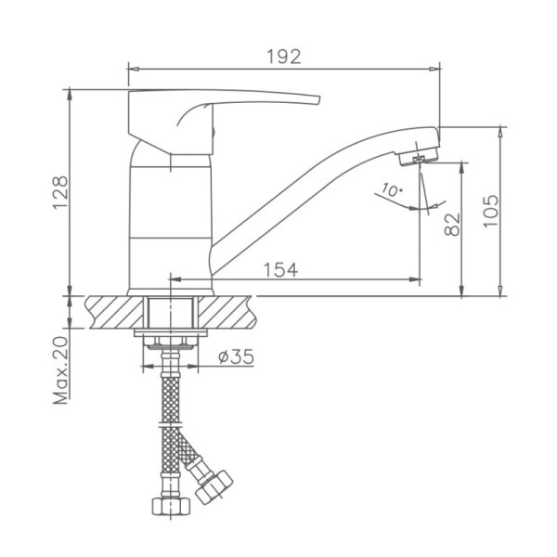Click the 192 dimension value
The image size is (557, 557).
284,57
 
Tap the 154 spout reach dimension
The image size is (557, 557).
280,269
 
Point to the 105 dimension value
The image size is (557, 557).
490,211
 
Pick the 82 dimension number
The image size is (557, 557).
452,225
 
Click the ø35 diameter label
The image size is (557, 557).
236,356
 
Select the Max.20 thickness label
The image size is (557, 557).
60,370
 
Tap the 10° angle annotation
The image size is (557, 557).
392,190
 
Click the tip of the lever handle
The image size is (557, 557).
319,100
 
